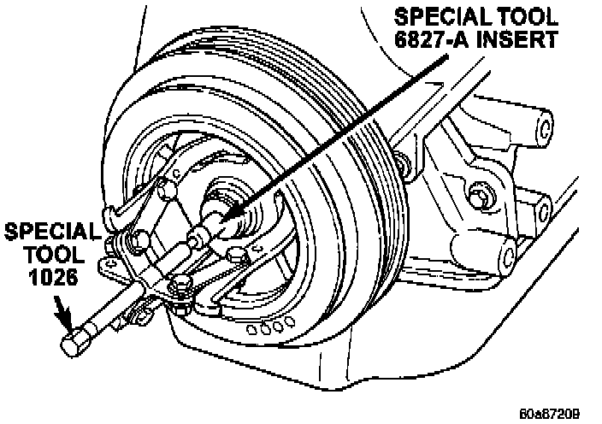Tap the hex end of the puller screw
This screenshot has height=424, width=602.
72,344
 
